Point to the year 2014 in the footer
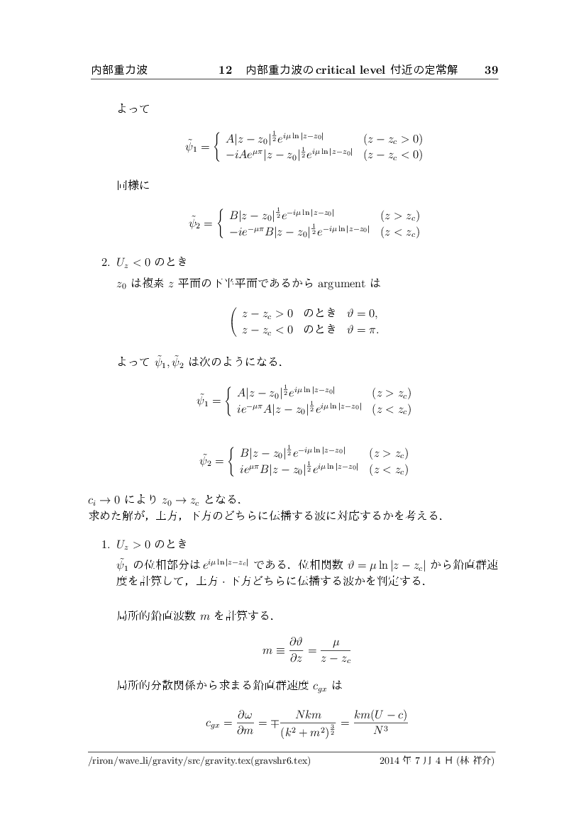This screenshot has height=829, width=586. [x=391, y=762]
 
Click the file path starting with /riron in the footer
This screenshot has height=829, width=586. [x=199, y=762]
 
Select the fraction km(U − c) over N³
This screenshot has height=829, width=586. [x=384, y=722]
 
